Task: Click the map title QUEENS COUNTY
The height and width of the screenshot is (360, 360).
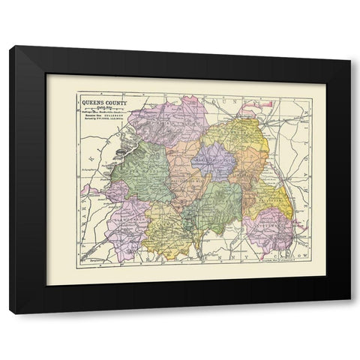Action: pyautogui.click(x=103, y=102)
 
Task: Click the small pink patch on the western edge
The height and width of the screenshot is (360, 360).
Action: pyautogui.click(x=88, y=190)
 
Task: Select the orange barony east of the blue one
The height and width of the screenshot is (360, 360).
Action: pyautogui.click(x=249, y=169)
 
